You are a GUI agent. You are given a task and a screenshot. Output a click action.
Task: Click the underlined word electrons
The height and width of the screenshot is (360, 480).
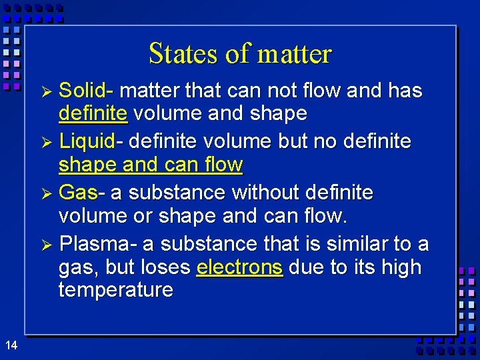pos(240,267)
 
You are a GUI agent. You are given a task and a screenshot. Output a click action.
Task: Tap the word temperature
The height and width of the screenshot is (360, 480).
pos(115,290)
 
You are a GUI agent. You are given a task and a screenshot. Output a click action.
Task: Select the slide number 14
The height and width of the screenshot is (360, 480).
pos(11,345)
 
